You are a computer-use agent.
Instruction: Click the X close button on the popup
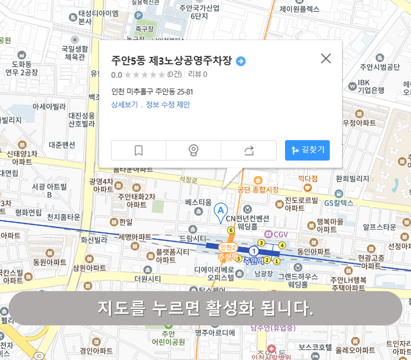326,58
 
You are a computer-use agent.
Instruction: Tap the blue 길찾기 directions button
307,150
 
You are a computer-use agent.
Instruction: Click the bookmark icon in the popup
139,150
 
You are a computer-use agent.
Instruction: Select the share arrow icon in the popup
249,150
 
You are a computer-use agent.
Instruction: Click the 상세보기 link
125,105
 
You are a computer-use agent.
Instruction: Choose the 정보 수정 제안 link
168,105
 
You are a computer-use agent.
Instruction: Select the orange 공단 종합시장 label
258,190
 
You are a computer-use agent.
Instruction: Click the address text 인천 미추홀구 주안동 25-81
152,92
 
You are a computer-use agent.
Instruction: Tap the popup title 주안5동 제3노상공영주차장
172,61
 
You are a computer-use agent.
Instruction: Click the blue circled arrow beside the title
241,61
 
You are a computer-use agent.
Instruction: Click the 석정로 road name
188,180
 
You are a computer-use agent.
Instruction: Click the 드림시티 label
193,238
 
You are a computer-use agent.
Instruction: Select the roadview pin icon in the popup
193,150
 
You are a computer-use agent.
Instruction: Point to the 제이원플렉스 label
299,9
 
